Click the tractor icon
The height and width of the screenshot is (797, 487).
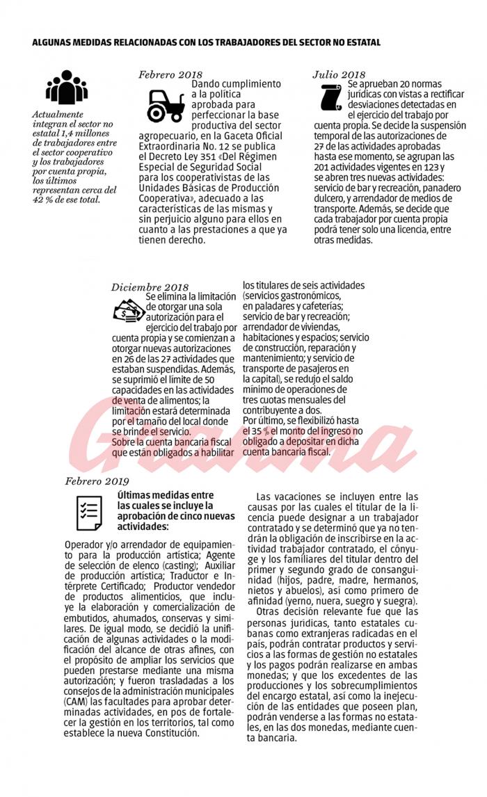(x=165, y=106)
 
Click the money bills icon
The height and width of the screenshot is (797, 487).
(x=126, y=310)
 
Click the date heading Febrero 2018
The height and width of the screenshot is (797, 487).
(x=170, y=74)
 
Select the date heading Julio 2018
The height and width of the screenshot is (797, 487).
(x=339, y=74)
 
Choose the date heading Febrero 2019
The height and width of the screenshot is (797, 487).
(x=97, y=480)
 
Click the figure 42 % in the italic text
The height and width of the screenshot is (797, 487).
(x=42, y=200)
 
